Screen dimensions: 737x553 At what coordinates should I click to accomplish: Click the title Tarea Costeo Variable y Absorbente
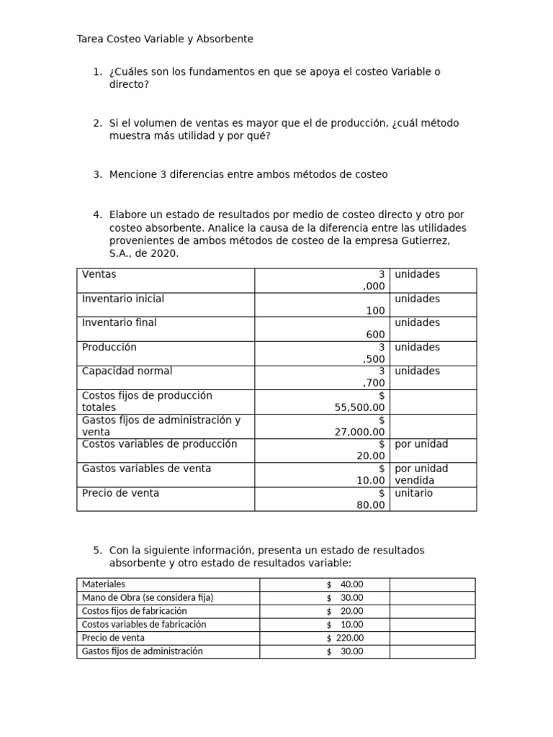165,39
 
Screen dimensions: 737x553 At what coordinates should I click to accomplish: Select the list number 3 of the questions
97,174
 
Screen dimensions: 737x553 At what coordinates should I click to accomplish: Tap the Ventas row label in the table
99,274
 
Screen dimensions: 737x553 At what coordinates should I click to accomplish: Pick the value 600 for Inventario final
375,335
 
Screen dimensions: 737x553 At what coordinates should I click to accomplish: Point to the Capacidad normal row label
127,371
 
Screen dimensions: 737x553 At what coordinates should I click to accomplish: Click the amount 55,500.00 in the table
360,407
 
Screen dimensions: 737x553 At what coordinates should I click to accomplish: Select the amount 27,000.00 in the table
360,432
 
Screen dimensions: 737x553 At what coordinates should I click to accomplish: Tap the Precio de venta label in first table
121,493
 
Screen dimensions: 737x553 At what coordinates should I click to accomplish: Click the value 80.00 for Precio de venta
371,505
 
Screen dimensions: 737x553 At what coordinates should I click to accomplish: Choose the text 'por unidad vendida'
421,474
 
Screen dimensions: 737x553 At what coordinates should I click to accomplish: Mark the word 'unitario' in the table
414,493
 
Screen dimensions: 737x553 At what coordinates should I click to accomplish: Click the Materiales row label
104,584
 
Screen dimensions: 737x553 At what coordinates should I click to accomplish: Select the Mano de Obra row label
148,597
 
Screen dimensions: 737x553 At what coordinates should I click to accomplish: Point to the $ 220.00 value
345,638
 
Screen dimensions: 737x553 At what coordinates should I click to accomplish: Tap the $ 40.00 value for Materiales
345,584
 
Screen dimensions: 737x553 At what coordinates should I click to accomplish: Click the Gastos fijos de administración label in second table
143,651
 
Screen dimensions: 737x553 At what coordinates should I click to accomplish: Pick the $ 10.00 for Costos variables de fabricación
345,625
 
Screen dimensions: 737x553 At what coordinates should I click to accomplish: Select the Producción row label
109,347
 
